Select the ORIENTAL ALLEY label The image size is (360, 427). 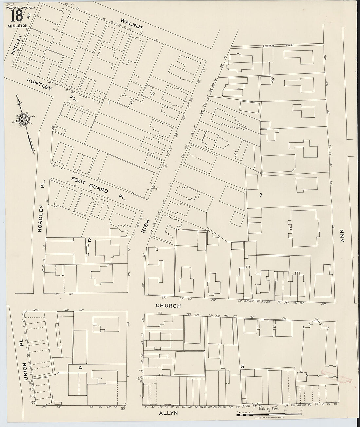point(274,46)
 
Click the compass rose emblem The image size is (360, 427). point(24,120)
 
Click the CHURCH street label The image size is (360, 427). point(168,306)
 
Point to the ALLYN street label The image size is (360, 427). point(168,413)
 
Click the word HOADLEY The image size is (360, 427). point(40,219)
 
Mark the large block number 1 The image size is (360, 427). point(109,103)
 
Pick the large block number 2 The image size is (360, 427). point(89,240)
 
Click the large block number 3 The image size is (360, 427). point(261,195)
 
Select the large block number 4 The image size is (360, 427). point(80,368)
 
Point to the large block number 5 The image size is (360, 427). point(242,367)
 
